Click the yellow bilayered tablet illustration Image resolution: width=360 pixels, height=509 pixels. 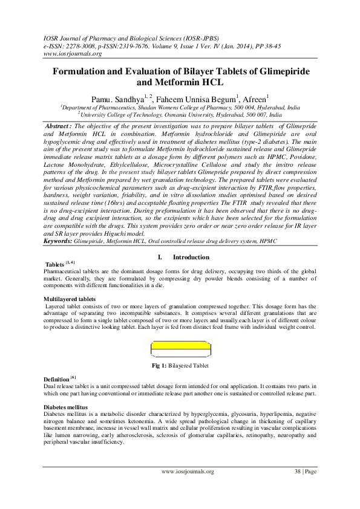pos(179,349)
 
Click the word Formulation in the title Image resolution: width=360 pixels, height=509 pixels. pos(84,72)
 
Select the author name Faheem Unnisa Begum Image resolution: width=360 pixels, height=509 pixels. pos(193,97)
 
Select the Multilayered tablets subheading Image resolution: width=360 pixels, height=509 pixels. pos(70,299)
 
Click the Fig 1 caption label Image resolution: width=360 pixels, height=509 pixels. pos(160,366)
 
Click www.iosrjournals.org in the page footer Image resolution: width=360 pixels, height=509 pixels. pos(188,472)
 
